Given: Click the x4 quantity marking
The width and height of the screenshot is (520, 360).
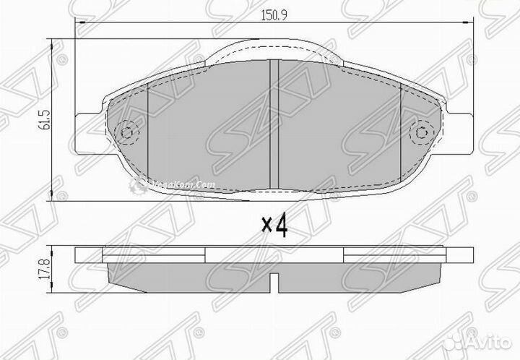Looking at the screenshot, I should [x=274, y=226].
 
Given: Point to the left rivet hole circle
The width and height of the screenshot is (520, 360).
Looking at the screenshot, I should [x=127, y=132].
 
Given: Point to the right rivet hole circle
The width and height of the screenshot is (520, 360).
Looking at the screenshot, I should [x=421, y=132].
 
